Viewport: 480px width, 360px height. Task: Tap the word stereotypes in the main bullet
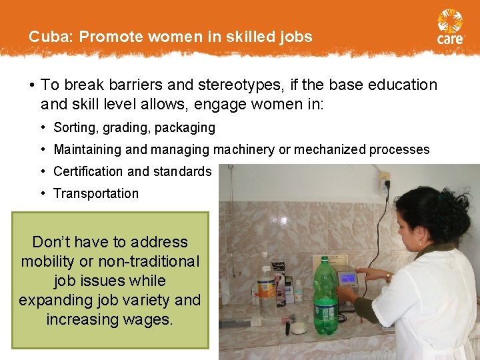point(211,85)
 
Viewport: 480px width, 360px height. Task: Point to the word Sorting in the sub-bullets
point(73,127)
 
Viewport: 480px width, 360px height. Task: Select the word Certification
point(89,171)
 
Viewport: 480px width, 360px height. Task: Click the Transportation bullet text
point(96,193)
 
